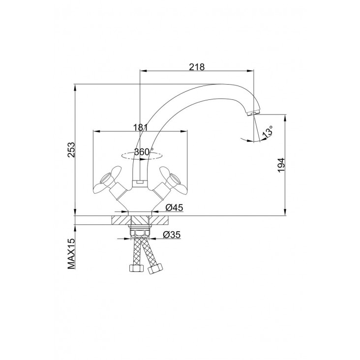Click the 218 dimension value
click(197, 67)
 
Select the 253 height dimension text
click(71, 150)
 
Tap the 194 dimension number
click(281, 165)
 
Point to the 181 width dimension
click(141, 127)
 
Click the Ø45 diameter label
click(174, 208)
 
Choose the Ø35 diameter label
click(172, 235)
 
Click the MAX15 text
click(71, 254)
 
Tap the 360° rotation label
click(144, 152)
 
